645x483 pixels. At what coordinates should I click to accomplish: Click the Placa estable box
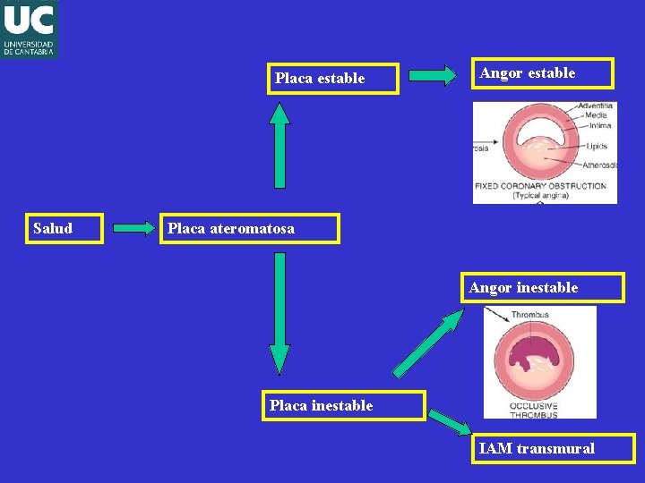[334, 79]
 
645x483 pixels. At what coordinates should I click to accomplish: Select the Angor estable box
[543, 73]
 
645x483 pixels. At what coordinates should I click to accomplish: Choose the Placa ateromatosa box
[250, 228]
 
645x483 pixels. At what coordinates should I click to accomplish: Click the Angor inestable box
[543, 287]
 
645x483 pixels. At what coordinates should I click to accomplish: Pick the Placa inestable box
[343, 405]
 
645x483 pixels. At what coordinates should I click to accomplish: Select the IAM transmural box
[555, 448]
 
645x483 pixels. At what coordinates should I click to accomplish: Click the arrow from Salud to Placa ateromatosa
[135, 228]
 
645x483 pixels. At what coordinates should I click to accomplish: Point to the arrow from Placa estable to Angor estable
[433, 76]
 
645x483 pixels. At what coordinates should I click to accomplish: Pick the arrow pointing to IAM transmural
[449, 421]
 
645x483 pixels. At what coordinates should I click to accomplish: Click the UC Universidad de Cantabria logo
[29, 29]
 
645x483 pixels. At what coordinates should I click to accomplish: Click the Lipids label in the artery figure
[598, 146]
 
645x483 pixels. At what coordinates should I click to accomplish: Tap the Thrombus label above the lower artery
[529, 315]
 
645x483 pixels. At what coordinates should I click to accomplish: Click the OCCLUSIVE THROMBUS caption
[534, 411]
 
